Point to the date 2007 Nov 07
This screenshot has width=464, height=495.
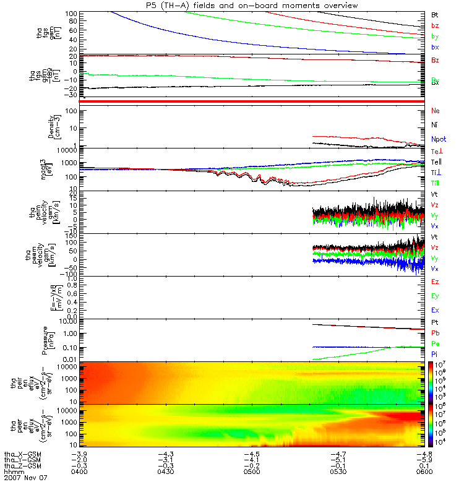click(x=25, y=478)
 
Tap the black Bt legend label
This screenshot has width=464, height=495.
click(x=435, y=14)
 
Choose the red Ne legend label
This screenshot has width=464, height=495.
click(x=436, y=111)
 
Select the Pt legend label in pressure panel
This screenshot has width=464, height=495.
click(x=435, y=323)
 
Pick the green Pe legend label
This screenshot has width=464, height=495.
click(x=436, y=343)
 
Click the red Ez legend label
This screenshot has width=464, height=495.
click(x=436, y=282)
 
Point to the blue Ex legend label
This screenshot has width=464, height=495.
click(x=436, y=310)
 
